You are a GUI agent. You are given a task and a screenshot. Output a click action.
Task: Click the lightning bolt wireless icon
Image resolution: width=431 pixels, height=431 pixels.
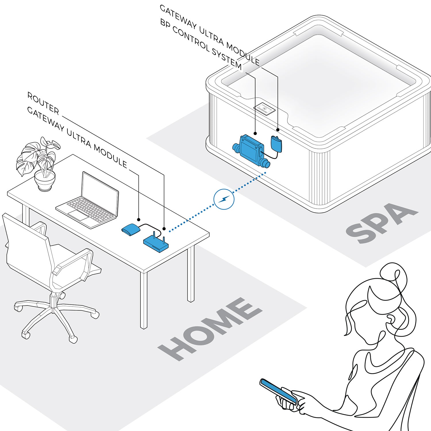pos(224,199)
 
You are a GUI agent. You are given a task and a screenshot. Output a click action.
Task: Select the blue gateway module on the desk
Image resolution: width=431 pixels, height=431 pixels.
pos(131,230)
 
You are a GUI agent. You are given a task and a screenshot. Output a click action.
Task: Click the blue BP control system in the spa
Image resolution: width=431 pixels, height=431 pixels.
pos(249,149)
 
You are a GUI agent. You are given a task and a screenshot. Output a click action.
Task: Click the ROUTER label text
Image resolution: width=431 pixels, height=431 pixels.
pos(43,103)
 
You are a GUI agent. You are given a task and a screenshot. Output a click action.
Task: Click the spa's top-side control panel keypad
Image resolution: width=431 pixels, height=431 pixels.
pos(265,109)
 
